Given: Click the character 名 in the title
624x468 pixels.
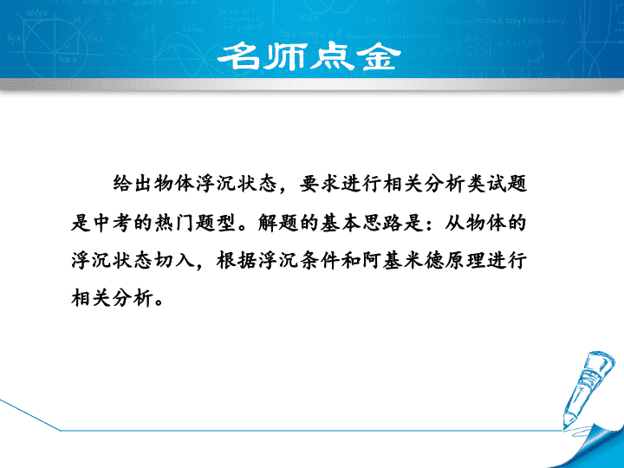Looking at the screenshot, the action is point(239,56).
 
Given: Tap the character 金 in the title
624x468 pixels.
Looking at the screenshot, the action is point(378,56).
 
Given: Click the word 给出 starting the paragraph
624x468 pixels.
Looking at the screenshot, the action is point(133,184).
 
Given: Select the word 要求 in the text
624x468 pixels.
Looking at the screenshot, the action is point(320,184).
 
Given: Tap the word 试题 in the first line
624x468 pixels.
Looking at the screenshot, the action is point(507,184).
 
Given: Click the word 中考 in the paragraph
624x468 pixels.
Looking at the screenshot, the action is point(113,222).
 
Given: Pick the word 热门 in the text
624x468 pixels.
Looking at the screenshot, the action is point(175,222).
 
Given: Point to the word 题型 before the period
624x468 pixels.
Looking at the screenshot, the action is point(216,222).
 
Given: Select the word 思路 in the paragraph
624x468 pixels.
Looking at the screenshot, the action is point(382,222).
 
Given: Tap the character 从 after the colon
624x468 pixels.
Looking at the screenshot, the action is point(454,222).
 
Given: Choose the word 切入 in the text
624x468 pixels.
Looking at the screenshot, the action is point(175,261).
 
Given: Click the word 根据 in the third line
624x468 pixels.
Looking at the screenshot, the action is point(237,261).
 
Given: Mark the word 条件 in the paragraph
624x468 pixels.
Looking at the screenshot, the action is point(320,261).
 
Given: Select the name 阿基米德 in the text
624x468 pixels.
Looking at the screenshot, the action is point(403,261).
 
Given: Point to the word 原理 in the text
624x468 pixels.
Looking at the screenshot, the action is point(465,261).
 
